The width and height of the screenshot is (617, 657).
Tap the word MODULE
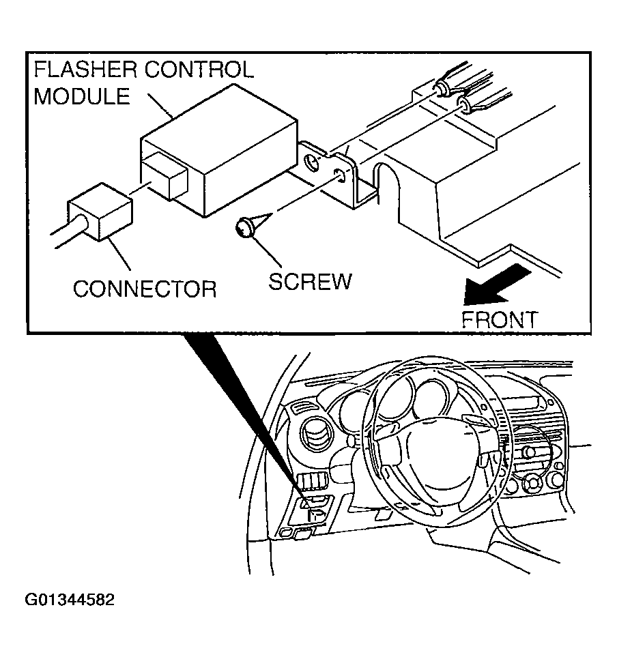pyautogui.click(x=82, y=96)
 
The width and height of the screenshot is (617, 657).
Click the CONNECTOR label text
pyautogui.click(x=144, y=289)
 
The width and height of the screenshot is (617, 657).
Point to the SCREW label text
pyautogui.click(x=310, y=281)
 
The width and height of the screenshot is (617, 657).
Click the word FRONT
pyautogui.click(x=500, y=319)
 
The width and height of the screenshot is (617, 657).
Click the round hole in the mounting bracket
pyautogui.click(x=313, y=163)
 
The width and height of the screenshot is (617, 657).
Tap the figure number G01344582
pyautogui.click(x=70, y=600)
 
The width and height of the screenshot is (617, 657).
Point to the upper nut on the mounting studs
pyautogui.click(x=442, y=88)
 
